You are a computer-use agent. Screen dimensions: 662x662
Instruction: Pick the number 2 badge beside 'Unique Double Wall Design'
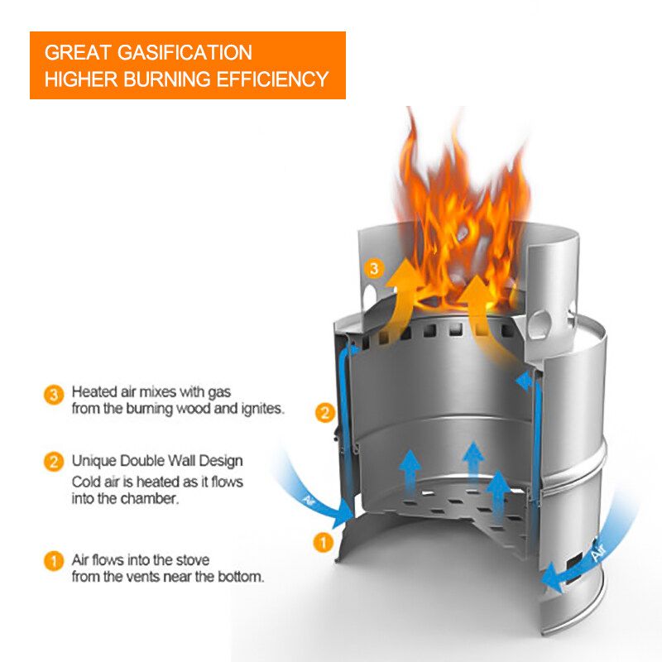pos(53,462)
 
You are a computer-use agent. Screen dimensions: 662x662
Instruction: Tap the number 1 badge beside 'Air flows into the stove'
pos(53,561)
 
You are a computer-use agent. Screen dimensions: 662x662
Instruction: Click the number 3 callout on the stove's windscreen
pos(374,268)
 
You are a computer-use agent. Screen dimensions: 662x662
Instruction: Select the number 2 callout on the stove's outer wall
pos(326,411)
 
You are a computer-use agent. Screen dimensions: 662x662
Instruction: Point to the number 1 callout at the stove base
pos(324,543)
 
